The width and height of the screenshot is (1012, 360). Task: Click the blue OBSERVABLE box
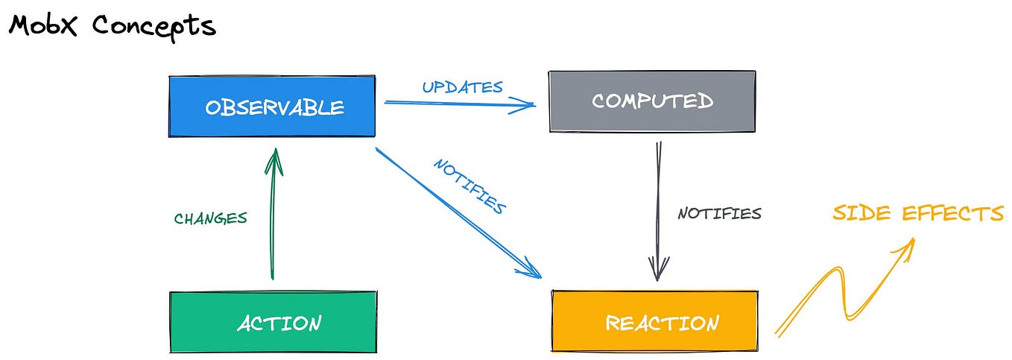tap(272, 106)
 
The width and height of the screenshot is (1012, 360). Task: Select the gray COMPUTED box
tap(652, 101)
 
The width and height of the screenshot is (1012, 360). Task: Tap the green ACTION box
tap(273, 322)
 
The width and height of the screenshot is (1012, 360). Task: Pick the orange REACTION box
tap(654, 323)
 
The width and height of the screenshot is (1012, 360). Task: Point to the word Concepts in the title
tap(154, 26)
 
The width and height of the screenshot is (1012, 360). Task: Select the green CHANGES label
tap(210, 218)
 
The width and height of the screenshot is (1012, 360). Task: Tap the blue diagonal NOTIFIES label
tap(469, 186)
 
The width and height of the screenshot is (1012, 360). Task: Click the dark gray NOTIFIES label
tap(719, 214)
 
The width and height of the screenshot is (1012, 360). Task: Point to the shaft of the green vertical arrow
tap(273, 224)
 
